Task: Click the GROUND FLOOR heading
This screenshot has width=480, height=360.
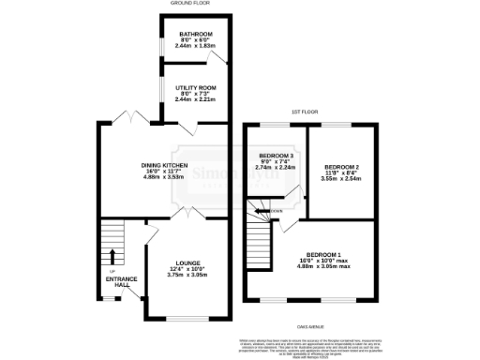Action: pos(187,4)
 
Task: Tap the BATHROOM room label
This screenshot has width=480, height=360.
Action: pos(195,35)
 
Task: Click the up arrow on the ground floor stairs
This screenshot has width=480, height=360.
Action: pos(112,255)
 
